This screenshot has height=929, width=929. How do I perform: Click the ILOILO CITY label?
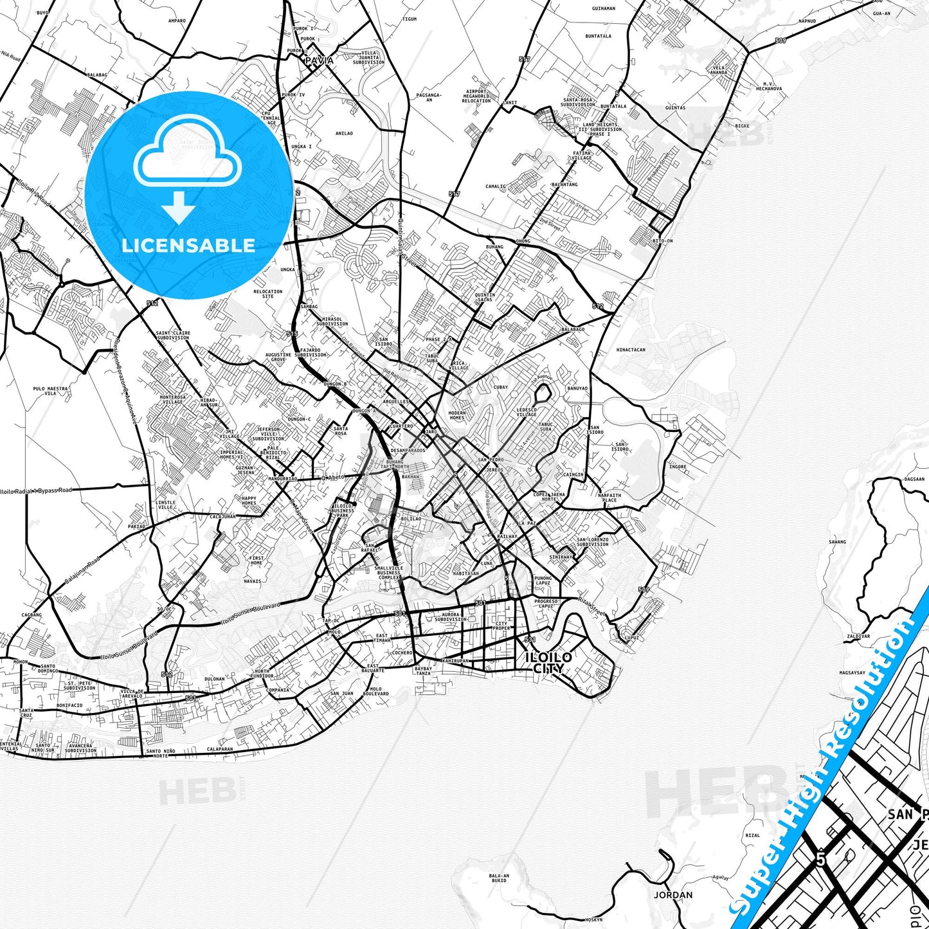(x=548, y=663)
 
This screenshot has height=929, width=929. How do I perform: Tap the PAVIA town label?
(x=320, y=60)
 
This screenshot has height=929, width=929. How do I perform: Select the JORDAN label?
(x=673, y=895)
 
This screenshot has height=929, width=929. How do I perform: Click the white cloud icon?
(x=188, y=154)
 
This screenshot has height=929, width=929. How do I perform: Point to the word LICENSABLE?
(x=188, y=245)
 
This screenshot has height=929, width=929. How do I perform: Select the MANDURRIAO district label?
(x=283, y=478)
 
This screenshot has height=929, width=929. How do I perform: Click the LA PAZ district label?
(x=527, y=523)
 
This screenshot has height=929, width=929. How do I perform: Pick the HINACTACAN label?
(x=631, y=350)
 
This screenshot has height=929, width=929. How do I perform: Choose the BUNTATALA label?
(x=599, y=37)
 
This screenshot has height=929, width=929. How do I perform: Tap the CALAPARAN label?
(x=219, y=748)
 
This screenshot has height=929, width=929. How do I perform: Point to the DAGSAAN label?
(x=914, y=479)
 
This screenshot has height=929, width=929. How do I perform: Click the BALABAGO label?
(x=572, y=329)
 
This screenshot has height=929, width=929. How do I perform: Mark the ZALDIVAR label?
(x=858, y=636)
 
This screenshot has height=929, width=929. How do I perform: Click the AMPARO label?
(x=177, y=21)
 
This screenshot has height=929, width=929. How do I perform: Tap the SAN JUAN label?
(x=342, y=693)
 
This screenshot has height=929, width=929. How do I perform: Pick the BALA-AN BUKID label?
(x=499, y=878)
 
